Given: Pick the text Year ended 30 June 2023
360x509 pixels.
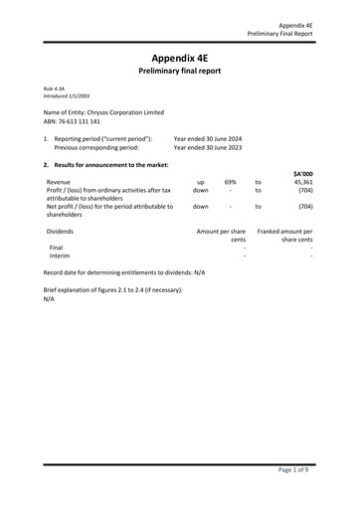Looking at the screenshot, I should (x=208, y=146).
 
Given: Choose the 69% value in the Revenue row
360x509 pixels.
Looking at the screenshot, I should (x=230, y=182).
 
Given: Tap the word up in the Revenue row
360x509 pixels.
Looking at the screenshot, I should (x=201, y=182).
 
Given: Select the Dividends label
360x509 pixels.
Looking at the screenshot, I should (x=61, y=231).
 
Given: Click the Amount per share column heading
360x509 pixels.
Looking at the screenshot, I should (x=221, y=231).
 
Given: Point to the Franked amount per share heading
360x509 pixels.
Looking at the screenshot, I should (x=284, y=231).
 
